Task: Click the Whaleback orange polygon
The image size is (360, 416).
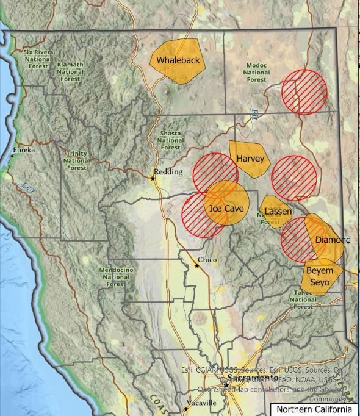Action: [178, 60]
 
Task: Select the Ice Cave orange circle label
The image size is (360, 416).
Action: [226, 208]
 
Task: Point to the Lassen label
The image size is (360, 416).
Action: [279, 211]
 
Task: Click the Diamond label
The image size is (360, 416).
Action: [333, 240]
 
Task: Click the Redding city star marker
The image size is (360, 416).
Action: [153, 178]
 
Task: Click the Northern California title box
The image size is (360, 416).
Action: [314, 409]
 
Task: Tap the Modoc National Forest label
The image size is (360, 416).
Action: [257, 73]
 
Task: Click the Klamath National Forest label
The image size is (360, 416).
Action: [71, 71]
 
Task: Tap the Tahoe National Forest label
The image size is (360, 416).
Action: [303, 299]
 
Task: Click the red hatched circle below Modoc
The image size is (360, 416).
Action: [304, 91]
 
